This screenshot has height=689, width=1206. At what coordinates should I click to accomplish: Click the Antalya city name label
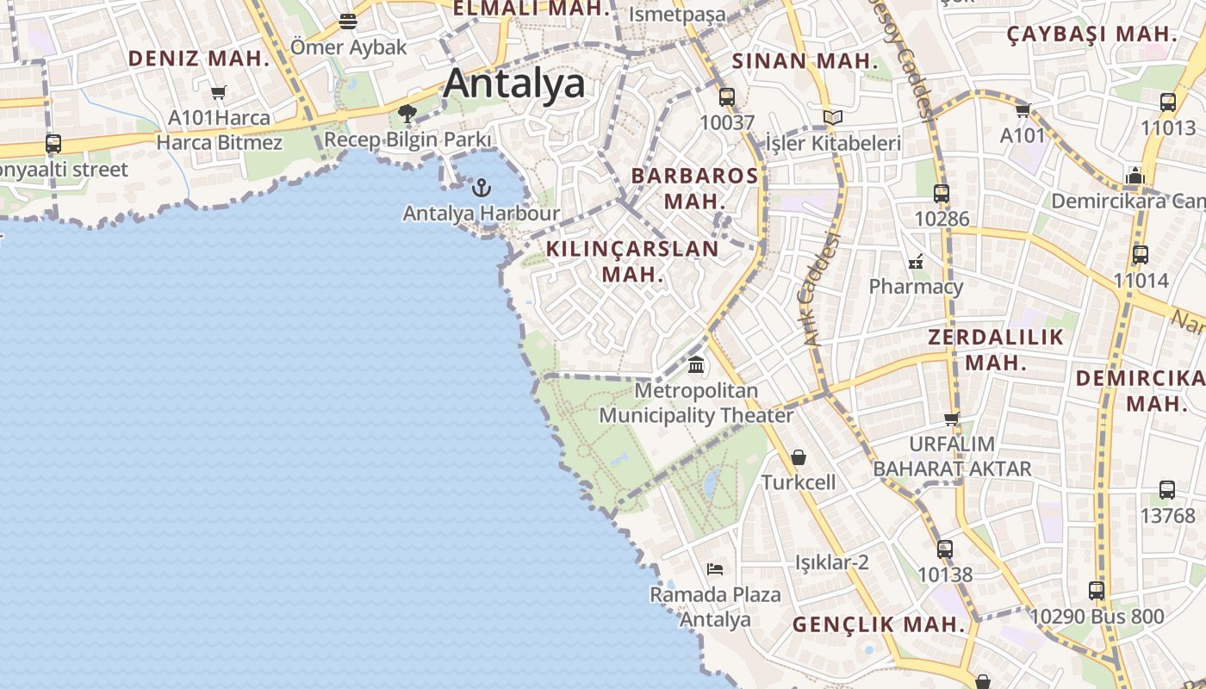tap(514, 84)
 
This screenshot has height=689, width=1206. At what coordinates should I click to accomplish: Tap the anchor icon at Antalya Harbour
tap(482, 187)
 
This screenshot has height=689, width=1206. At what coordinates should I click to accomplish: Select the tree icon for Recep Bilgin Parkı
tap(407, 113)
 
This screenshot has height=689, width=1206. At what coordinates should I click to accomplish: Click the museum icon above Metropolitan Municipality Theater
tap(696, 364)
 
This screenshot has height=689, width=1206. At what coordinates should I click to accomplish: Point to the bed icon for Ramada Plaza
tap(715, 568)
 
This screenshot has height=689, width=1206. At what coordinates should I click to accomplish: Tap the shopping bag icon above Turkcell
tap(799, 456)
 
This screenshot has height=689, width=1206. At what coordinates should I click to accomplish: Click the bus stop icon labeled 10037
tap(727, 96)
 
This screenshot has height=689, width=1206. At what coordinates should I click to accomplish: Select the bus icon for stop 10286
tap(942, 193)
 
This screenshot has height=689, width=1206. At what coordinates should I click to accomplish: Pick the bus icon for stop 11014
tap(1141, 255)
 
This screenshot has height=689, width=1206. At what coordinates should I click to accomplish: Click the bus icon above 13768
tap(1167, 489)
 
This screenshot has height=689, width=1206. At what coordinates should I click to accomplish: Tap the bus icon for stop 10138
tap(945, 549)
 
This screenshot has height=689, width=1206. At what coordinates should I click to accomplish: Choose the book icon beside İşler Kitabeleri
tap(832, 117)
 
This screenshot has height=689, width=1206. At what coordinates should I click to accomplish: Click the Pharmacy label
tap(916, 286)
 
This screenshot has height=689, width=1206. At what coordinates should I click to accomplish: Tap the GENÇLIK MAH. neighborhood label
tap(879, 624)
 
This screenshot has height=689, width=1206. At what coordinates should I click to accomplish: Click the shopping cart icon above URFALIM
tap(952, 419)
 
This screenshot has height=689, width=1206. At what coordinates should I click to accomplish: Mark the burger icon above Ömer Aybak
tap(348, 21)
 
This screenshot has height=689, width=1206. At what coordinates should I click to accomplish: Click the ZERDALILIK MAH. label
tap(996, 349)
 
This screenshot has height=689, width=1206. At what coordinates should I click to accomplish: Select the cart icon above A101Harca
tap(219, 92)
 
